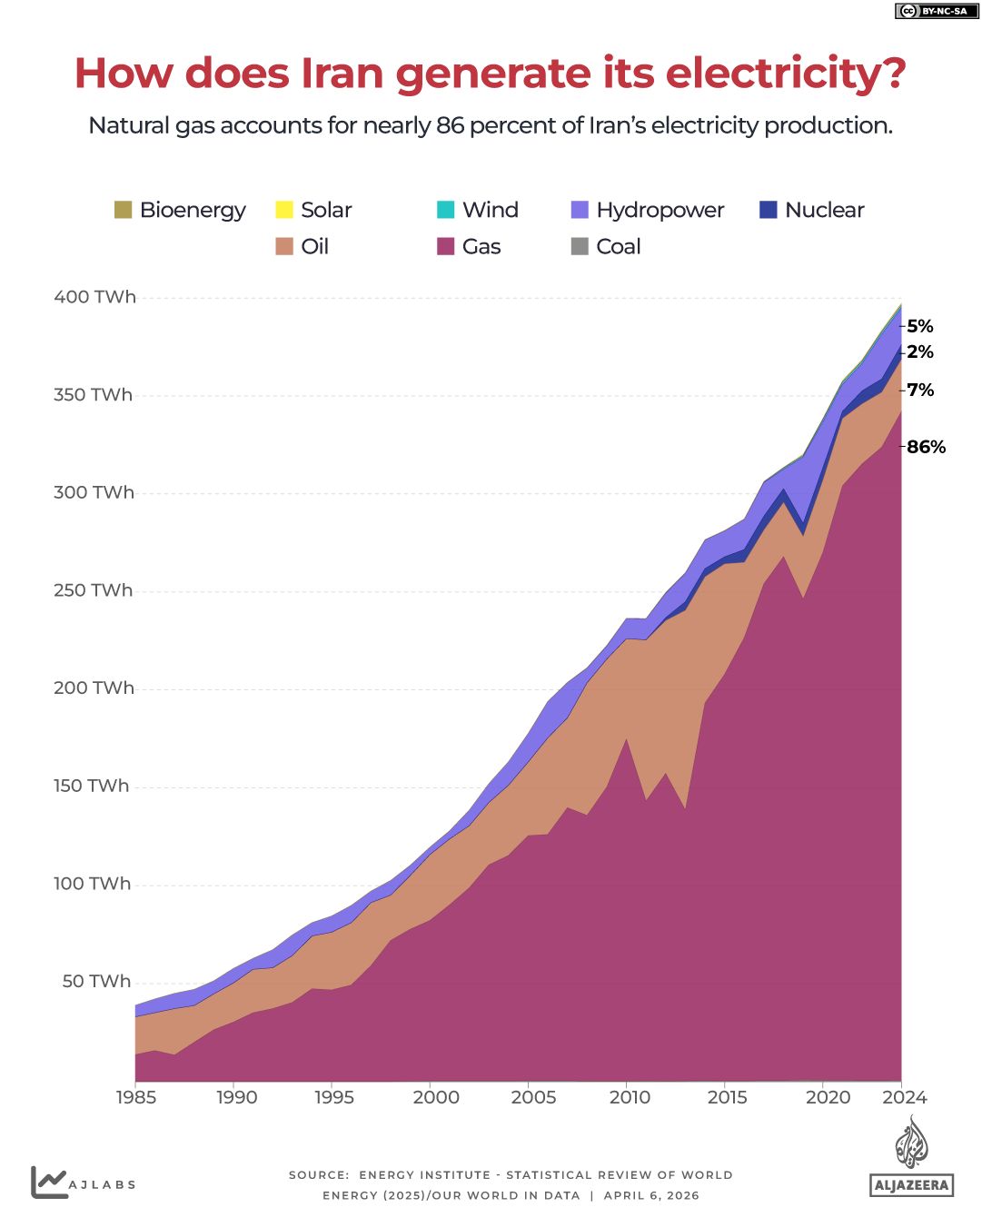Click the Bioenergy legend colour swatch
(x=123, y=210)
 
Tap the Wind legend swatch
(x=445, y=210)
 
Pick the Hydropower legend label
(x=660, y=210)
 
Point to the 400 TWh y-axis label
(x=94, y=297)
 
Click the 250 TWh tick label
(x=93, y=590)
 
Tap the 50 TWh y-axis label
(x=96, y=982)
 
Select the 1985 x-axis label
(x=136, y=1097)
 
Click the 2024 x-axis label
(x=904, y=1097)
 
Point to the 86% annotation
(x=926, y=447)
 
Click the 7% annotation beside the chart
(x=919, y=390)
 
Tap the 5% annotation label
(x=919, y=326)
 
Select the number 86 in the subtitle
(x=451, y=125)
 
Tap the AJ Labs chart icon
(x=49, y=1182)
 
